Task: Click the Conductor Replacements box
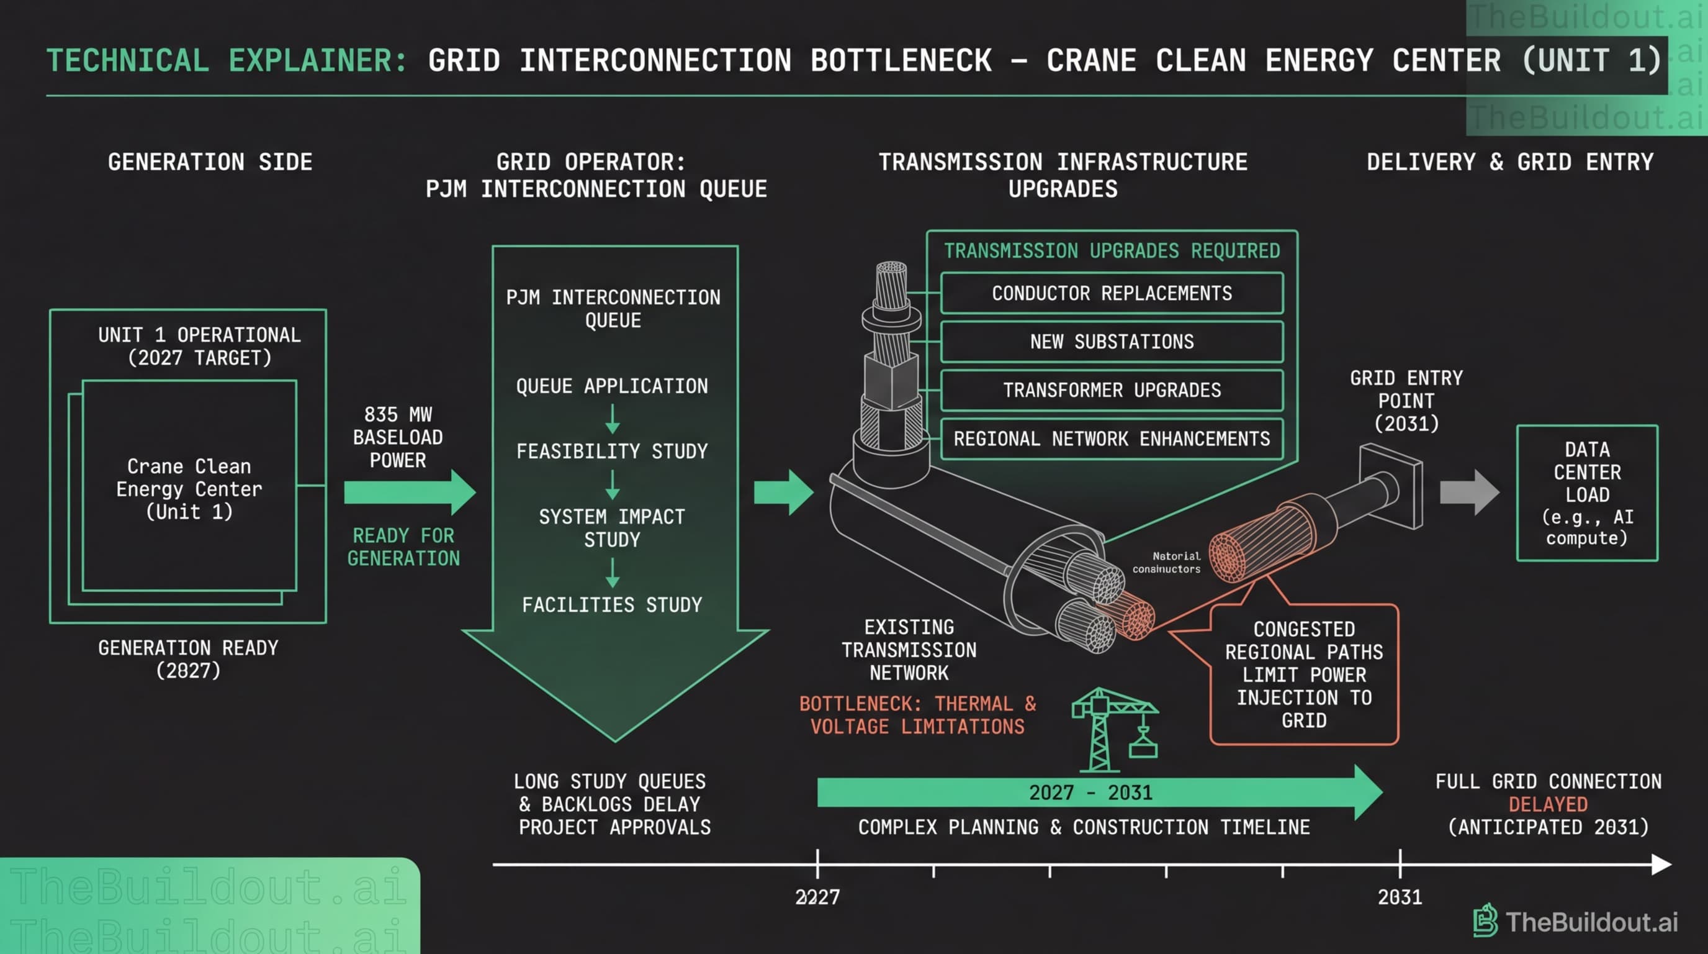pyautogui.click(x=1112, y=293)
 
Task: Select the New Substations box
pyautogui.click(x=1112, y=342)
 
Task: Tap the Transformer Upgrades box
pyautogui.click(x=1112, y=390)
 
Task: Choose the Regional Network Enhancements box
pyautogui.click(x=1112, y=438)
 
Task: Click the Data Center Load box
pyautogui.click(x=1586, y=493)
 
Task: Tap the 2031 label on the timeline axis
pyautogui.click(x=1400, y=897)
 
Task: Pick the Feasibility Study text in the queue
pyautogui.click(x=611, y=452)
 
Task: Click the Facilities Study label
pyautogui.click(x=611, y=605)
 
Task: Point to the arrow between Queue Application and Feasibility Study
pyautogui.click(x=612, y=419)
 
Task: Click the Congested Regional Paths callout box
pyautogui.click(x=1303, y=674)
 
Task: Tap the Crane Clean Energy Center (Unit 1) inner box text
pyautogui.click(x=189, y=489)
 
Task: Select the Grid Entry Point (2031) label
pyautogui.click(x=1406, y=401)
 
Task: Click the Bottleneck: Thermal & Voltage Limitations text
pyautogui.click(x=917, y=715)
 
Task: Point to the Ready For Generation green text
pyautogui.click(x=403, y=547)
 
